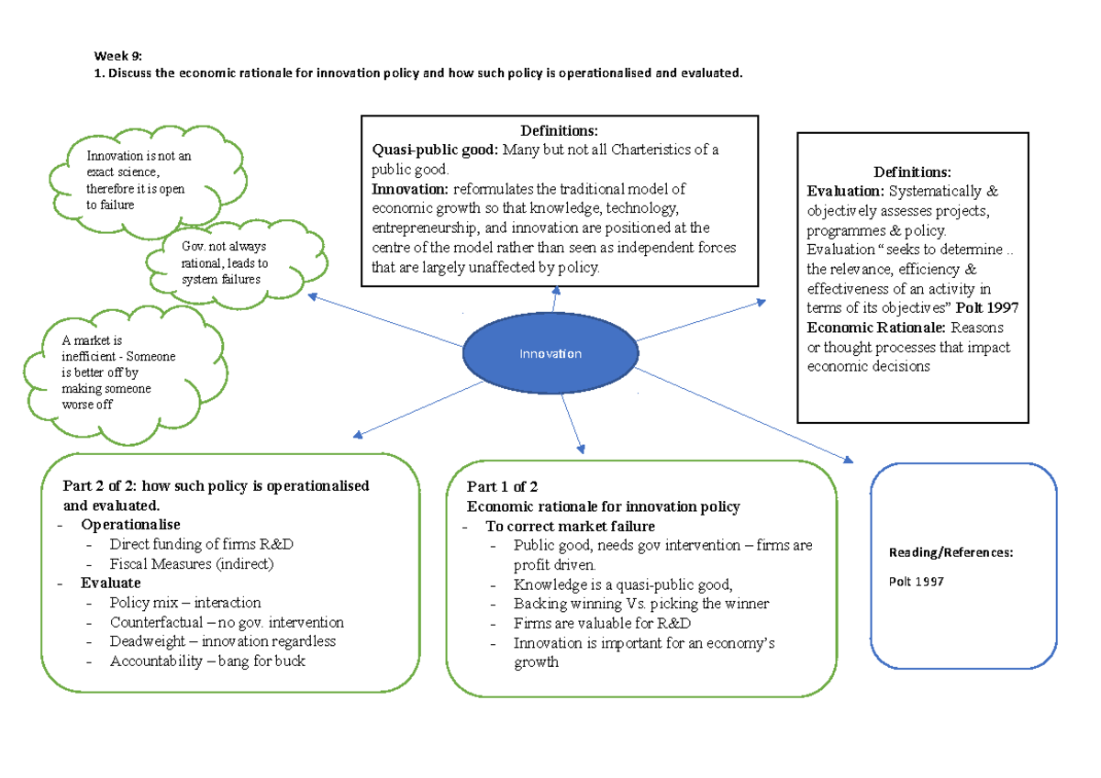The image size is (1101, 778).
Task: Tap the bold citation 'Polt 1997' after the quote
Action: (x=987, y=307)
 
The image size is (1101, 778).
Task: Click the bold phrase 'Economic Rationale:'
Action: (x=877, y=328)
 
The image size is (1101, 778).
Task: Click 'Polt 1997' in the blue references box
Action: (x=917, y=582)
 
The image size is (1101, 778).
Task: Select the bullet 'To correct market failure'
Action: (x=571, y=527)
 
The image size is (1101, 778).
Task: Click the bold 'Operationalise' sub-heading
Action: (x=124, y=524)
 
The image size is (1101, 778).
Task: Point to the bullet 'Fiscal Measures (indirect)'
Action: (x=192, y=564)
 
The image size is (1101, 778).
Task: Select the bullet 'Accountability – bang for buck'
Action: (x=206, y=661)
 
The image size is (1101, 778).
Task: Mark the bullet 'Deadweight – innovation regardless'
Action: (x=222, y=641)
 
